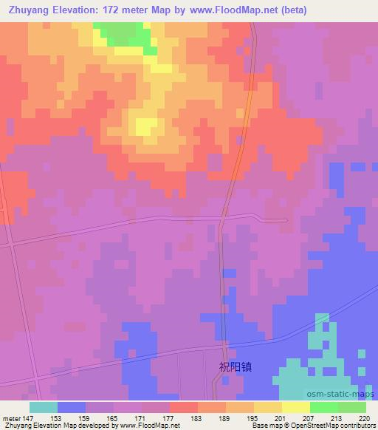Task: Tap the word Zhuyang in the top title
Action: click(x=29, y=10)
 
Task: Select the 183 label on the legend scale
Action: click(x=197, y=417)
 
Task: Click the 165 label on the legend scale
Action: click(x=113, y=417)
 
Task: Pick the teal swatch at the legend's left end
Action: click(x=44, y=407)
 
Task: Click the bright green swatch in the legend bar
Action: click(x=324, y=407)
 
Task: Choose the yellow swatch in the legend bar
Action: click(x=296, y=407)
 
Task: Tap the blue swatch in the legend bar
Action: click(x=72, y=407)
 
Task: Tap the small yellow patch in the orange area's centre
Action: click(x=146, y=126)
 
